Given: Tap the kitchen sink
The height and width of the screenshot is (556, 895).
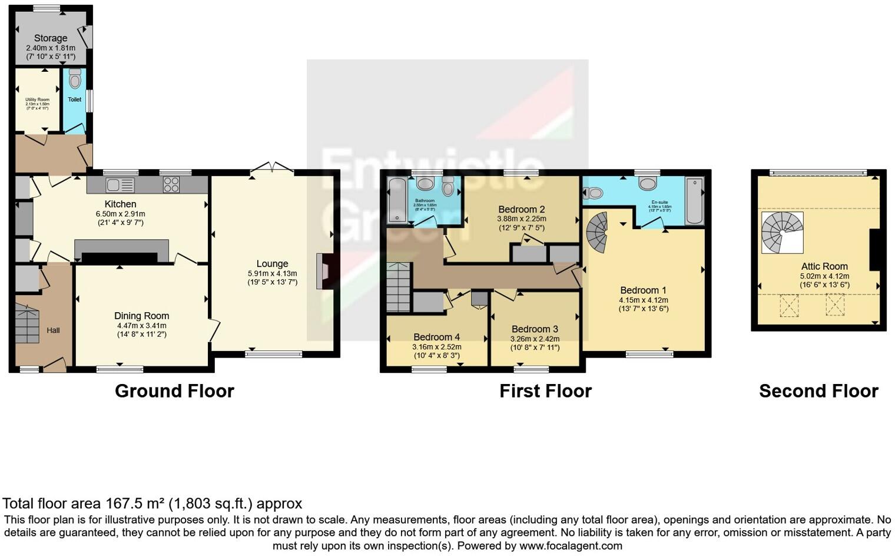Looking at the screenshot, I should (x=120, y=185).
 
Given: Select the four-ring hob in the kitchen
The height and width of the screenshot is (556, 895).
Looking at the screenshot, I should (x=171, y=185).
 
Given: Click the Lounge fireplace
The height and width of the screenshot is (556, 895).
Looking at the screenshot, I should (x=324, y=271).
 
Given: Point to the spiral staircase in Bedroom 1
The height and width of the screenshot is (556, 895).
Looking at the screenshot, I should (x=596, y=232).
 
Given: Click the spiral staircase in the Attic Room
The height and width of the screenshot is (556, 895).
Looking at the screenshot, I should (x=782, y=232).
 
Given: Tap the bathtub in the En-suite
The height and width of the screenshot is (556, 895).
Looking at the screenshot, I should (x=695, y=200).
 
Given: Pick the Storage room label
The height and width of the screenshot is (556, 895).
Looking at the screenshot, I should (x=51, y=38).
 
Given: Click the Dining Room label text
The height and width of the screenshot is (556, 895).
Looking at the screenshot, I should (x=141, y=316).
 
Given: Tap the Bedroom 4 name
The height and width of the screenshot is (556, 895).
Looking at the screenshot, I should (x=436, y=337).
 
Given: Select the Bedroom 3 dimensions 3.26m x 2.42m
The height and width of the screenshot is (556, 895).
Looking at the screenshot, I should (x=535, y=339).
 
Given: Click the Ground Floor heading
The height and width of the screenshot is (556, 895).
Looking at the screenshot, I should (x=174, y=391).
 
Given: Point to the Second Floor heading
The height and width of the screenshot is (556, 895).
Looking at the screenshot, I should (x=818, y=391).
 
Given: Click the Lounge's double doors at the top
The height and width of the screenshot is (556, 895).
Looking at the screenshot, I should (x=272, y=168).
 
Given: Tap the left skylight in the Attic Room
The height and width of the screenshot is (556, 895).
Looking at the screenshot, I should (x=789, y=306).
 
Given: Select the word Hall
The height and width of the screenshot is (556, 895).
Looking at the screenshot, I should (x=53, y=330).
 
